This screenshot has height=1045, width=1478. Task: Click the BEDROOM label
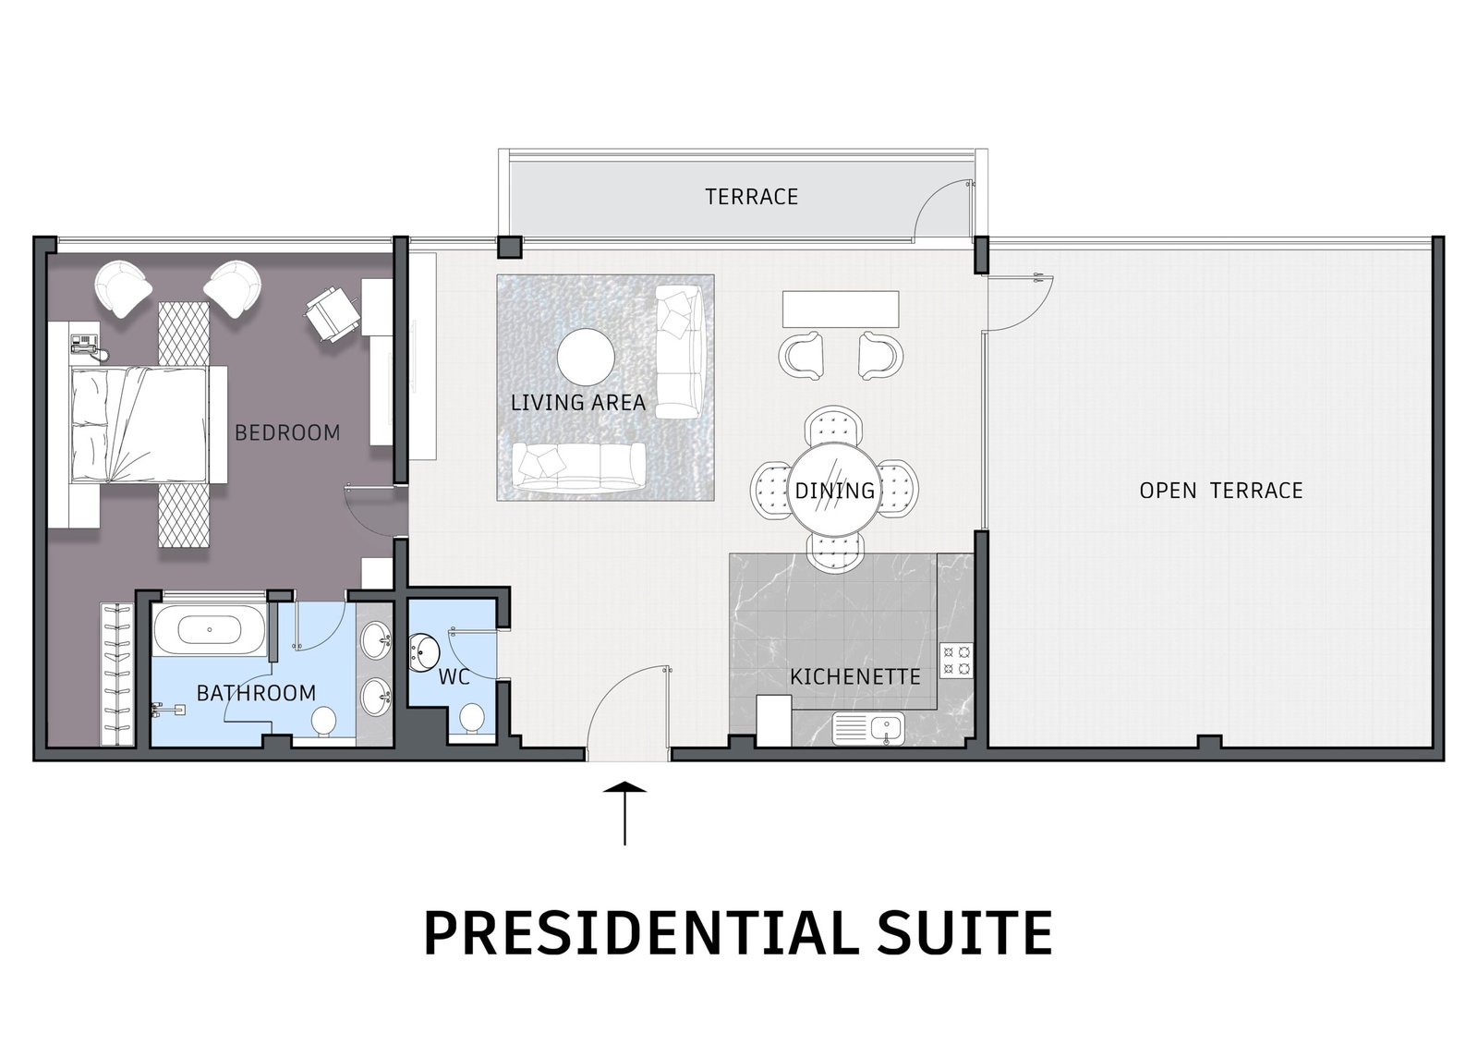(287, 433)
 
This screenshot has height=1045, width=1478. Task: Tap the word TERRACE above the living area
(752, 197)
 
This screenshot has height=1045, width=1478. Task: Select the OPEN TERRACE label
(1221, 491)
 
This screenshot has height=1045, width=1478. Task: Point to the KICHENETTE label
(855, 676)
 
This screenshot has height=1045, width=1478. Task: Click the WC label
(454, 676)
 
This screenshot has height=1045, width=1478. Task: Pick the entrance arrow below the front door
(624, 813)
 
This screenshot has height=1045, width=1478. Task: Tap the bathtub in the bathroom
(210, 630)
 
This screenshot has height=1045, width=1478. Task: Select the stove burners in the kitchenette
(957, 661)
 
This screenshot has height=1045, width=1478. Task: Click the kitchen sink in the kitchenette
(868, 729)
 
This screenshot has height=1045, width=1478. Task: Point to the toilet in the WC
(472, 718)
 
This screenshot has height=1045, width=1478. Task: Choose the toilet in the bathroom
(323, 723)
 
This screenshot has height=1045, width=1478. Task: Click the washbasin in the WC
(424, 652)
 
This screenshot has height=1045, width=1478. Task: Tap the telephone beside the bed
(87, 345)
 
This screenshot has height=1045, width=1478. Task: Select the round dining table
(835, 489)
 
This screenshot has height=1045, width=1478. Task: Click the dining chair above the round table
(834, 426)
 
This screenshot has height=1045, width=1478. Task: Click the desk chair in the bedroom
(332, 315)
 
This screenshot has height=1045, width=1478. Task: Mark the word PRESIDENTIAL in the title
(624, 933)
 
